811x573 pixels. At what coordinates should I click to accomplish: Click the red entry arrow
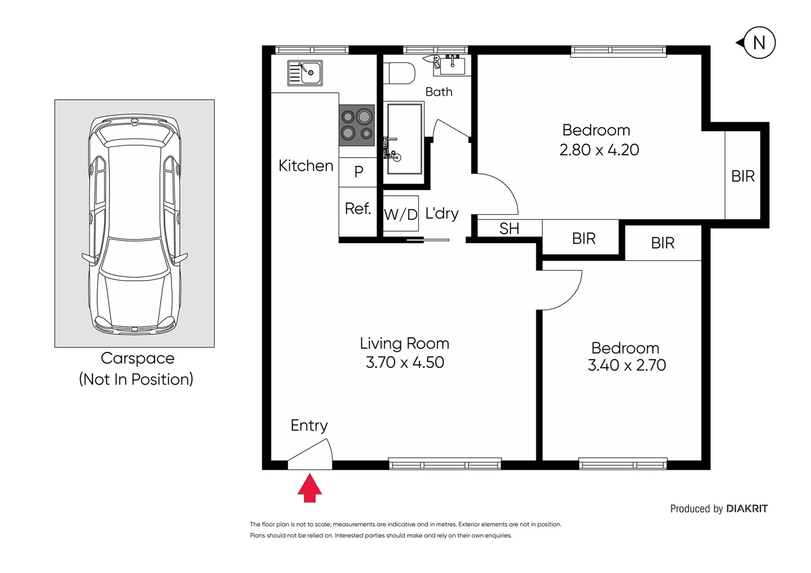tap(309, 489)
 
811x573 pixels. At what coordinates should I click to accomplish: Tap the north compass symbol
tap(758, 42)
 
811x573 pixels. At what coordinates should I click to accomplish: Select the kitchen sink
tap(305, 73)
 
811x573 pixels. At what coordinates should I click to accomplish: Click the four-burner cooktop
tap(357, 125)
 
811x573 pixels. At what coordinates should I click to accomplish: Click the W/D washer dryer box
tap(401, 214)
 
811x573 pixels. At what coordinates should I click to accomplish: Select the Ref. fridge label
tap(358, 209)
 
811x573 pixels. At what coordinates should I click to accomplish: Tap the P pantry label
tap(359, 171)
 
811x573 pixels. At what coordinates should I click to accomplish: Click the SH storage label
tap(509, 229)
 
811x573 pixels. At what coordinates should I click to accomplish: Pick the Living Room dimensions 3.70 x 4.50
tap(404, 362)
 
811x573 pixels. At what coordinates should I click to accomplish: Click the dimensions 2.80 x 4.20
tap(599, 150)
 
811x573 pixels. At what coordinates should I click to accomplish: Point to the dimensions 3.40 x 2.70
tap(626, 365)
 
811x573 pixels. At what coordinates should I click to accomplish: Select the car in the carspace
tap(134, 224)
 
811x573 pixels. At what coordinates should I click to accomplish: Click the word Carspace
tap(137, 358)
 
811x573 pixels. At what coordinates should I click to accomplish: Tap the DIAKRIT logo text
tap(746, 509)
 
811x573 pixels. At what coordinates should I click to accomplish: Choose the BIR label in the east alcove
tap(743, 176)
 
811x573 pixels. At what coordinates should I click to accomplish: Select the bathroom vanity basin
tap(452, 65)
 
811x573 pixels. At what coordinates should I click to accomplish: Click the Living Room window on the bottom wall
tap(445, 464)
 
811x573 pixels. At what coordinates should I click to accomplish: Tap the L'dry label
tap(442, 213)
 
